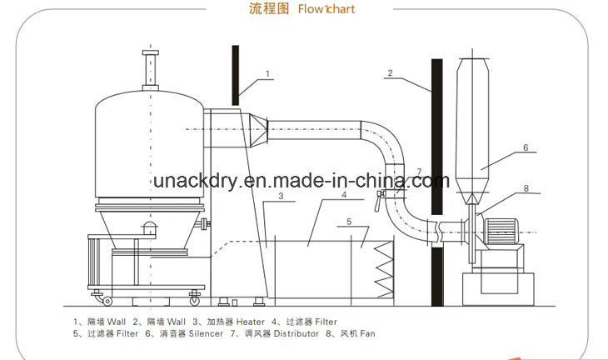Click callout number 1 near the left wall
click(x=268, y=74)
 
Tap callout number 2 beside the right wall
click(x=389, y=73)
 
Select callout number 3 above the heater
click(x=282, y=197)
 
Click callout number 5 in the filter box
click(x=350, y=222)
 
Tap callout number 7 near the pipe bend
click(x=419, y=172)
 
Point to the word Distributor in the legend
click(x=297, y=333)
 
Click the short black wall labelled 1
click(x=237, y=75)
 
